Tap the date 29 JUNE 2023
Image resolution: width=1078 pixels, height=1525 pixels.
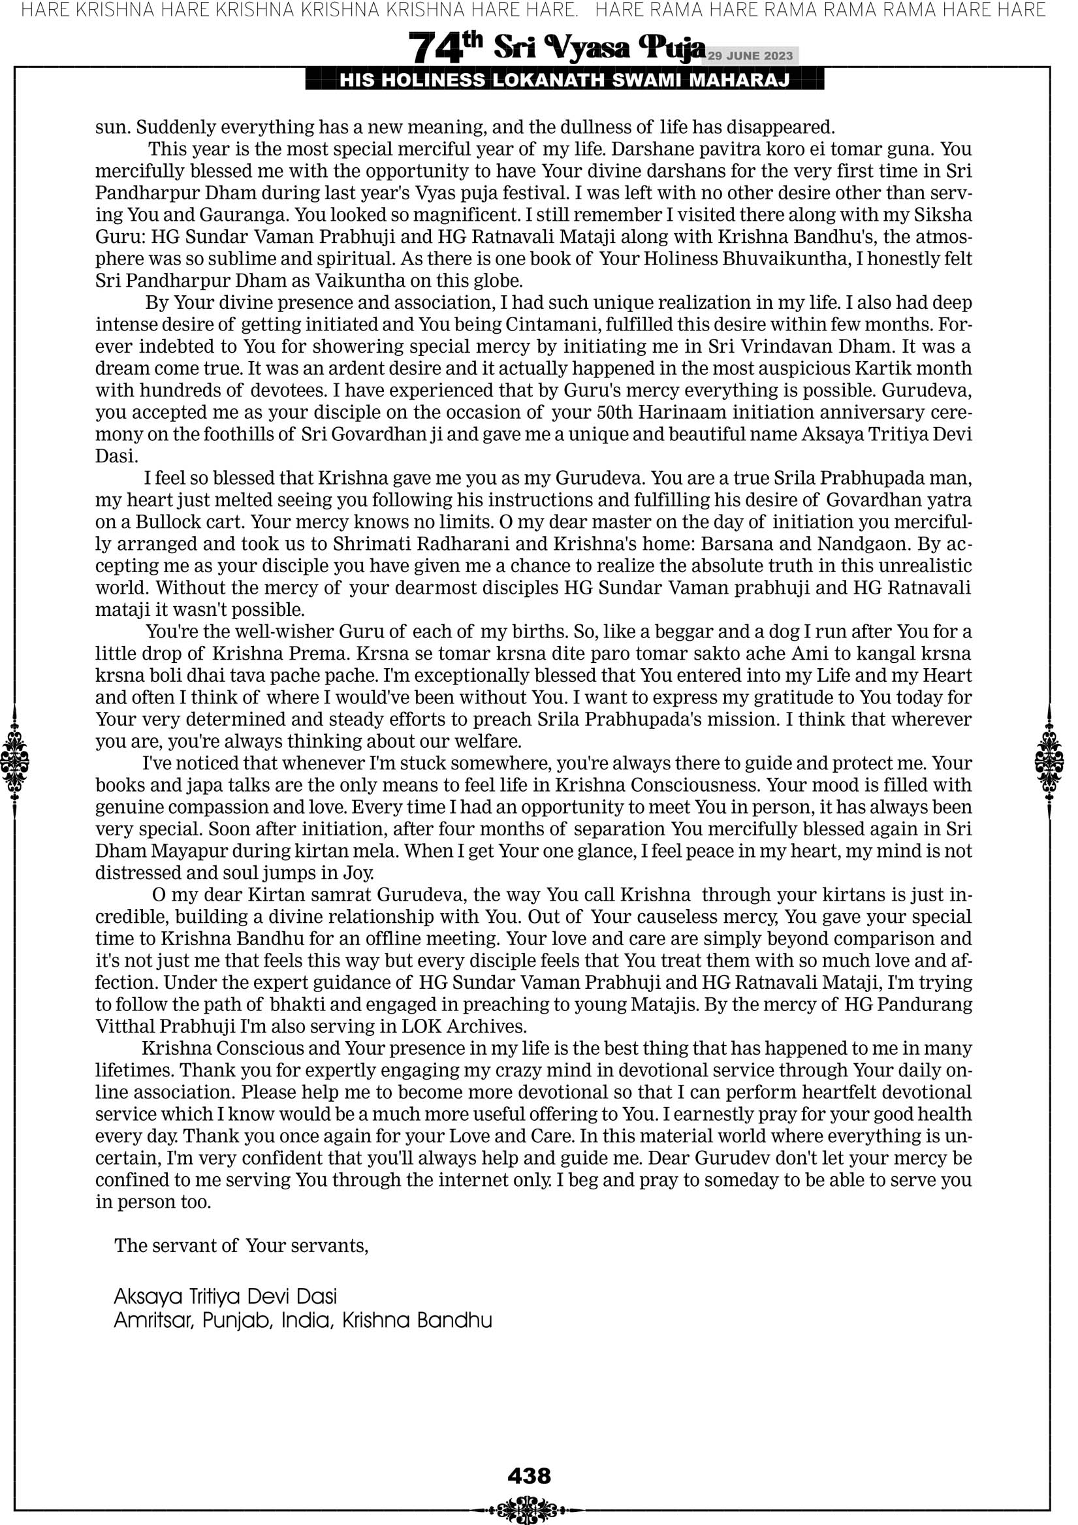[x=750, y=56]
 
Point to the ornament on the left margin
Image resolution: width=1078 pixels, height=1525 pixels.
[x=14, y=762]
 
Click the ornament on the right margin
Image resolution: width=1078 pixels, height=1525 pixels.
[x=1049, y=762]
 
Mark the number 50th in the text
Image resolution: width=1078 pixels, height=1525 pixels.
[x=614, y=413]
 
